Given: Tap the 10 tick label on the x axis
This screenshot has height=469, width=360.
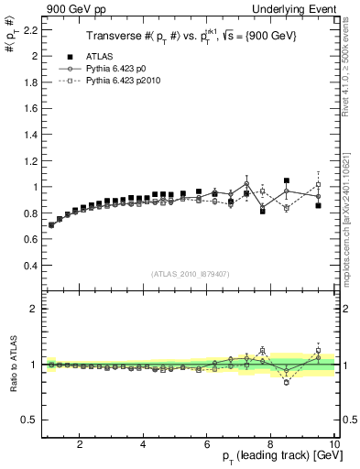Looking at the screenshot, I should pyautogui.click(x=334, y=444).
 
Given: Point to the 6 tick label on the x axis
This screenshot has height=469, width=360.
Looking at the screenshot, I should pyautogui.click(x=207, y=444).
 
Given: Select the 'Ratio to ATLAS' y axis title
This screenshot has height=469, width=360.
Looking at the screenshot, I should pyautogui.click(x=11, y=364).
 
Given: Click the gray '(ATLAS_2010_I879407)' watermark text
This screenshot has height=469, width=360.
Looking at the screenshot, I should pyautogui.click(x=189, y=273).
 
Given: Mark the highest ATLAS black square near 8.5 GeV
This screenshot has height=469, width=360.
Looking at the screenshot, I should pyautogui.click(x=287, y=181).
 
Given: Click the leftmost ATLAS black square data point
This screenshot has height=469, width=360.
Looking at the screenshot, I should pyautogui.click(x=51, y=224).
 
